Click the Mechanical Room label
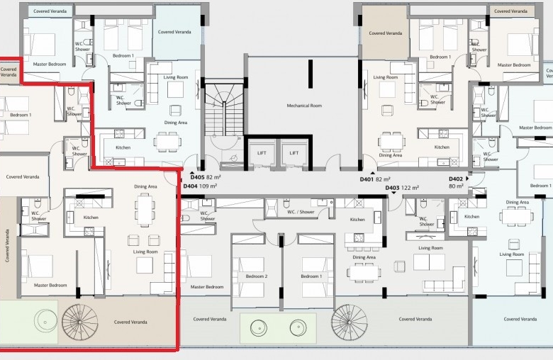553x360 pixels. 304,106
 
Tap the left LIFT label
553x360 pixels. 262,152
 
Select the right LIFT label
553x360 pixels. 294,152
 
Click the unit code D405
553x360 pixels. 197,177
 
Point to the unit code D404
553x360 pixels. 191,186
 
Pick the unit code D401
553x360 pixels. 367,179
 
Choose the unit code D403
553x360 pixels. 392,188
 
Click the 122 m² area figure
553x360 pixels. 410,188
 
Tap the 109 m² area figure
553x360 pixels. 208,186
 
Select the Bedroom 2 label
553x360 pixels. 257,276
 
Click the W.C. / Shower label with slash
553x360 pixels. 301,212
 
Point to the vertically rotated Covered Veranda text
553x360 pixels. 7,246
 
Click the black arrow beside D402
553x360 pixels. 467,179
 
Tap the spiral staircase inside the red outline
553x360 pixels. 80,322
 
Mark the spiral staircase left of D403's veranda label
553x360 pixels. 349,322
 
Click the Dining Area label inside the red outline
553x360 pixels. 145,186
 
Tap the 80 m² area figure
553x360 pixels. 456,186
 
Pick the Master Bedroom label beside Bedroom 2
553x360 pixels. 207,287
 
